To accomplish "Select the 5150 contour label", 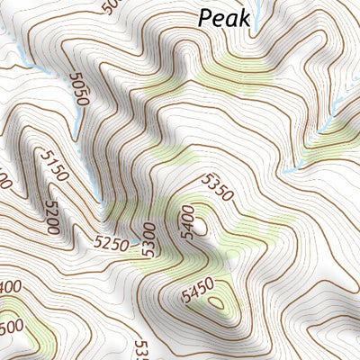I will [53, 166].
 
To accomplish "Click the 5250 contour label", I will [112, 242].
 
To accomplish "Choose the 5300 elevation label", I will [148, 239].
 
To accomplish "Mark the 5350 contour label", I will [219, 187].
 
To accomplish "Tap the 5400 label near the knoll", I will [186, 220].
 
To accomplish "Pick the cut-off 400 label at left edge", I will [11, 287].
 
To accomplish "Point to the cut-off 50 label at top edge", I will [111, 7].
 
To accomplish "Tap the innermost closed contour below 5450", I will [216, 302].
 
